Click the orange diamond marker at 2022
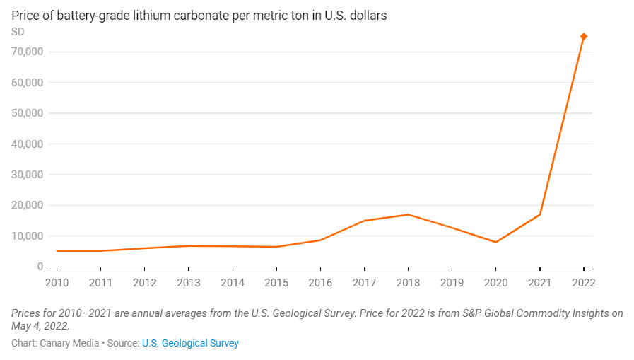pyautogui.click(x=584, y=37)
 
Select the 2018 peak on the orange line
pyautogui.click(x=408, y=214)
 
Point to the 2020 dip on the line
pyautogui.click(x=495, y=242)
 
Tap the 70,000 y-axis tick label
pyautogui.click(x=28, y=52)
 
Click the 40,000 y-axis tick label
pyautogui.click(x=28, y=144)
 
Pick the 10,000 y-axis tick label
pyautogui.click(x=28, y=236)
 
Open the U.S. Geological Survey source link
pyautogui.click(x=190, y=343)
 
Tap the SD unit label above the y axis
pyautogui.click(x=18, y=33)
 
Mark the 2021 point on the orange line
pyautogui.click(x=540, y=214)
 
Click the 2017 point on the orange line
pyautogui.click(x=364, y=221)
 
